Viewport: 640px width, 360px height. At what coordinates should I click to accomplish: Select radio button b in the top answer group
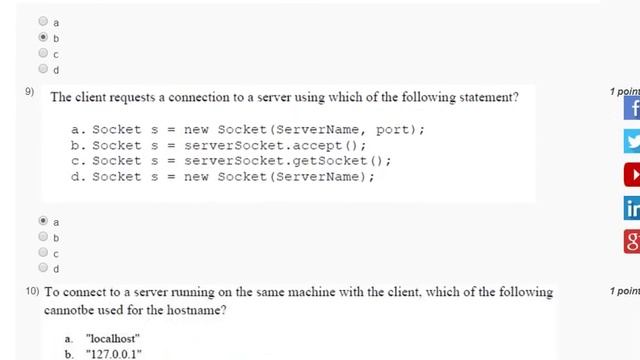(43, 37)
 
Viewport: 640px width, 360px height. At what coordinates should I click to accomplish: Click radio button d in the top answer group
(43, 69)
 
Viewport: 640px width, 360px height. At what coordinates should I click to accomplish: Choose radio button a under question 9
(43, 221)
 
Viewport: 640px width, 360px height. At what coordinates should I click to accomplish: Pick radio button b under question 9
(43, 236)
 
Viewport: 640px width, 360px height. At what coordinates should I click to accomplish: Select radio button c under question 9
(43, 252)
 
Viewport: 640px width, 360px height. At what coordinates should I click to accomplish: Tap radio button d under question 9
(43, 267)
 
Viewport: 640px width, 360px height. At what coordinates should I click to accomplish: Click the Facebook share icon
(632, 108)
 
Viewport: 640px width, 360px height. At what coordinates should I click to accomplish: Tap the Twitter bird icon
(632, 141)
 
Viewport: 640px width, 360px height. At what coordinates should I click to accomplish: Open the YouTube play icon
(632, 175)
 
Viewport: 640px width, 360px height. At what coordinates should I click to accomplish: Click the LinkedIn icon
(632, 208)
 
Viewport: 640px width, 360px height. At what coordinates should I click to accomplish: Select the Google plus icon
(632, 241)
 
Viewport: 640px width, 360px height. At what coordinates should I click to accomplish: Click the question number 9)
(29, 91)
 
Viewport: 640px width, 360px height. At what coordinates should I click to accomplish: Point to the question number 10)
(32, 291)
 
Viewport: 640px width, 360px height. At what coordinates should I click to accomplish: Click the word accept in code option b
(317, 146)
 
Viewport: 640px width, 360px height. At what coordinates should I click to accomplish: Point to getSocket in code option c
(330, 161)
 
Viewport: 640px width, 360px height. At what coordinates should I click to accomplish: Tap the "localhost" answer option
(113, 339)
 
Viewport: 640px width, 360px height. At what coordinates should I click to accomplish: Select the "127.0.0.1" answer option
(113, 354)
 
